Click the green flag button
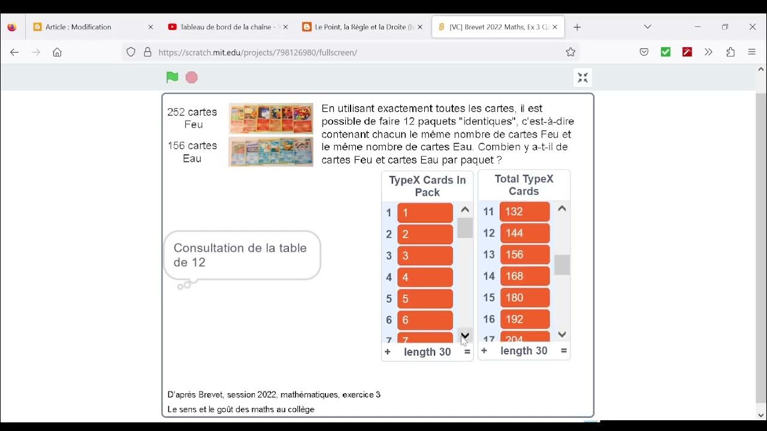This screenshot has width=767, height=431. pyautogui.click(x=172, y=77)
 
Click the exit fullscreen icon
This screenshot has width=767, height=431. pyautogui.click(x=582, y=78)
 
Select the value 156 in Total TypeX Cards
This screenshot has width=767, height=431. pyautogui.click(x=524, y=254)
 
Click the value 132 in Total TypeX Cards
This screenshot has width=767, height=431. pyautogui.click(x=524, y=211)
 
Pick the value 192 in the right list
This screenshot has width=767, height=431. pyautogui.click(x=524, y=319)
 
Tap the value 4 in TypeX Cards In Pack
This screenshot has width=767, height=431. pyautogui.click(x=425, y=277)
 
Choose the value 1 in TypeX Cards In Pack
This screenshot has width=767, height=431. pyautogui.click(x=425, y=213)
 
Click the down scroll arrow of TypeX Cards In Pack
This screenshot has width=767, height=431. pyautogui.click(x=465, y=335)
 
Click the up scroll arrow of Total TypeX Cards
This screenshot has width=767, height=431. pyautogui.click(x=561, y=209)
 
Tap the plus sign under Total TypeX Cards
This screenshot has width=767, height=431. pyautogui.click(x=484, y=351)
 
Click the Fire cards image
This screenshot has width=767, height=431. pyautogui.click(x=271, y=119)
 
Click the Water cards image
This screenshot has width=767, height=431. pyautogui.click(x=271, y=152)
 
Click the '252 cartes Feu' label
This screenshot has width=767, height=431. pyautogui.click(x=192, y=118)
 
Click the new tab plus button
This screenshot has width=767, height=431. pyautogui.click(x=577, y=27)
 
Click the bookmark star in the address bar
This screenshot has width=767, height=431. pyautogui.click(x=570, y=52)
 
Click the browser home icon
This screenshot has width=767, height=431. pyautogui.click(x=57, y=52)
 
